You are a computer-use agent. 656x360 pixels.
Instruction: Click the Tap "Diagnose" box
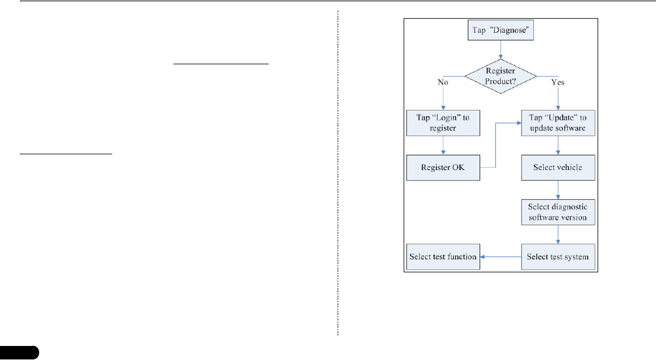501,30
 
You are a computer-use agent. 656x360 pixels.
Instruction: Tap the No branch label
443,82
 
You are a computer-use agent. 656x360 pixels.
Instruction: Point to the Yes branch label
557,82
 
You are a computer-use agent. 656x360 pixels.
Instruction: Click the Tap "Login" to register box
443,122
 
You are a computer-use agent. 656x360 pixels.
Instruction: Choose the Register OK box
443,167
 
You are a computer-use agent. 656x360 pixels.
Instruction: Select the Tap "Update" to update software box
558,122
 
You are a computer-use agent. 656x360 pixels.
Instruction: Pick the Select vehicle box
558,167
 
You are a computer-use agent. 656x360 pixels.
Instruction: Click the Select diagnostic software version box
558,212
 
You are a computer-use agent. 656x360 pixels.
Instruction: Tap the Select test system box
558,257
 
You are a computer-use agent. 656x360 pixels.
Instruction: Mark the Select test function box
443,257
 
